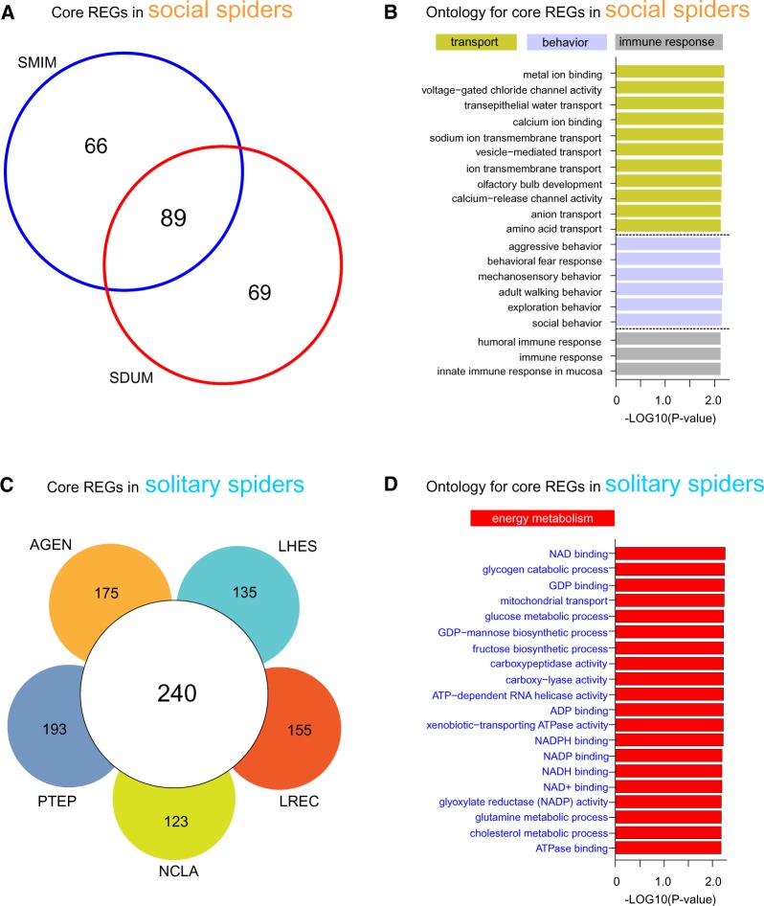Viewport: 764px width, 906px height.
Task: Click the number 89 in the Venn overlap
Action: pos(172,217)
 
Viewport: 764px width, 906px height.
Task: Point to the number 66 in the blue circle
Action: pos(96,146)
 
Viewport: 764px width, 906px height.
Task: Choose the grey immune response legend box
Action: pos(669,43)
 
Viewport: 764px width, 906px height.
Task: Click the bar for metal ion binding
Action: pos(669,73)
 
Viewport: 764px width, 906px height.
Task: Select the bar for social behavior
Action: pos(668,322)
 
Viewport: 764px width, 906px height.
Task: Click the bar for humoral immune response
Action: pos(667,339)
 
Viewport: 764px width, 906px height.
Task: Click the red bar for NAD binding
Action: pos(669,553)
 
